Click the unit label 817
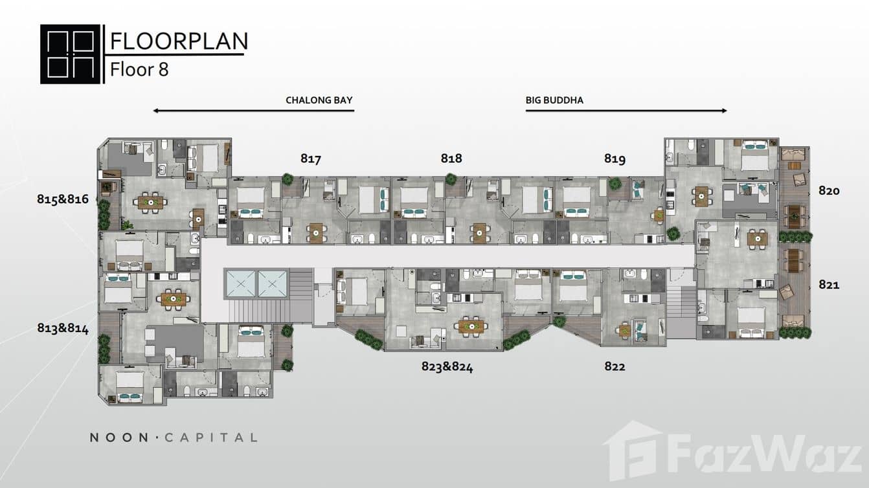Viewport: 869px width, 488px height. pyautogui.click(x=311, y=159)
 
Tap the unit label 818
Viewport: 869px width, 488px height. pyautogui.click(x=451, y=158)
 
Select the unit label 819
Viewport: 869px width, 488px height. pyautogui.click(x=615, y=159)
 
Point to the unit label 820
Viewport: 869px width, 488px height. pyautogui.click(x=829, y=190)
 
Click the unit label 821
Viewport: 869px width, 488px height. pyautogui.click(x=829, y=285)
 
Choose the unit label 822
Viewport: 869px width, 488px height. pyautogui.click(x=615, y=366)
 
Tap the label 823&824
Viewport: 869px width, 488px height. pyautogui.click(x=447, y=367)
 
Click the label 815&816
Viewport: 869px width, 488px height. pyautogui.click(x=63, y=199)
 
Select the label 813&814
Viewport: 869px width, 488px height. pyautogui.click(x=63, y=328)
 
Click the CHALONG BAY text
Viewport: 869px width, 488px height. pyautogui.click(x=319, y=100)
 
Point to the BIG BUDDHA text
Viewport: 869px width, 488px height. pyautogui.click(x=554, y=100)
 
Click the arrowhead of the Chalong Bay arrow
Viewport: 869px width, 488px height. pyautogui.click(x=155, y=111)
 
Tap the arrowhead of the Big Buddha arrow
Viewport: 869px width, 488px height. pyautogui.click(x=725, y=111)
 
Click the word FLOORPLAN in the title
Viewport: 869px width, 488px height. pyautogui.click(x=179, y=41)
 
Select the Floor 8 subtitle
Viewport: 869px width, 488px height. pyautogui.click(x=139, y=70)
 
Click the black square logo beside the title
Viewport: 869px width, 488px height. pyautogui.click(x=70, y=54)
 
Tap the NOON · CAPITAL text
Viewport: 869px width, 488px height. pyautogui.click(x=174, y=438)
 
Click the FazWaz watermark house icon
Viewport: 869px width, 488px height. pyautogui.click(x=633, y=451)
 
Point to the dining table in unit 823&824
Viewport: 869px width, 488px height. pyautogui.click(x=471, y=326)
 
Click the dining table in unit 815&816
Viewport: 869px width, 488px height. pyautogui.click(x=150, y=203)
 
